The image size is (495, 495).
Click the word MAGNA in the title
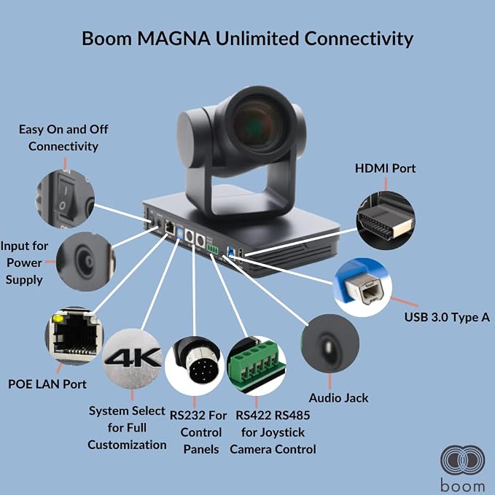[x=174, y=39]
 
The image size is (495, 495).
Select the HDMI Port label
[x=385, y=168]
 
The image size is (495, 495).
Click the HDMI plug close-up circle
[x=386, y=220]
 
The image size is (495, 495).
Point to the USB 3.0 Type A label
[x=447, y=317]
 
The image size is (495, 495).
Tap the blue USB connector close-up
[x=363, y=287]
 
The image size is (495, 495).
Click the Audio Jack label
[x=338, y=398]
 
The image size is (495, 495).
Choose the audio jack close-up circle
[x=330, y=343]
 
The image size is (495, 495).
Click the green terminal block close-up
[x=257, y=365]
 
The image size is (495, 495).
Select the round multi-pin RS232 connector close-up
[x=194, y=365]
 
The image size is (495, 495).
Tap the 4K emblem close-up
[x=132, y=358]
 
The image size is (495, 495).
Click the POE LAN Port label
[x=47, y=384]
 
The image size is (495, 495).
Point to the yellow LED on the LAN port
[x=58, y=318]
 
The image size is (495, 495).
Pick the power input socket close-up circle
[x=86, y=262]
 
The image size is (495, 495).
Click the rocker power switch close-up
[x=66, y=199]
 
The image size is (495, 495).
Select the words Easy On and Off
[x=63, y=130]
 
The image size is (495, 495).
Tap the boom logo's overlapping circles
[x=462, y=460]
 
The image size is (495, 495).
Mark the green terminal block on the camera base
[x=212, y=249]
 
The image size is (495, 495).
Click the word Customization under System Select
[x=128, y=445]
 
